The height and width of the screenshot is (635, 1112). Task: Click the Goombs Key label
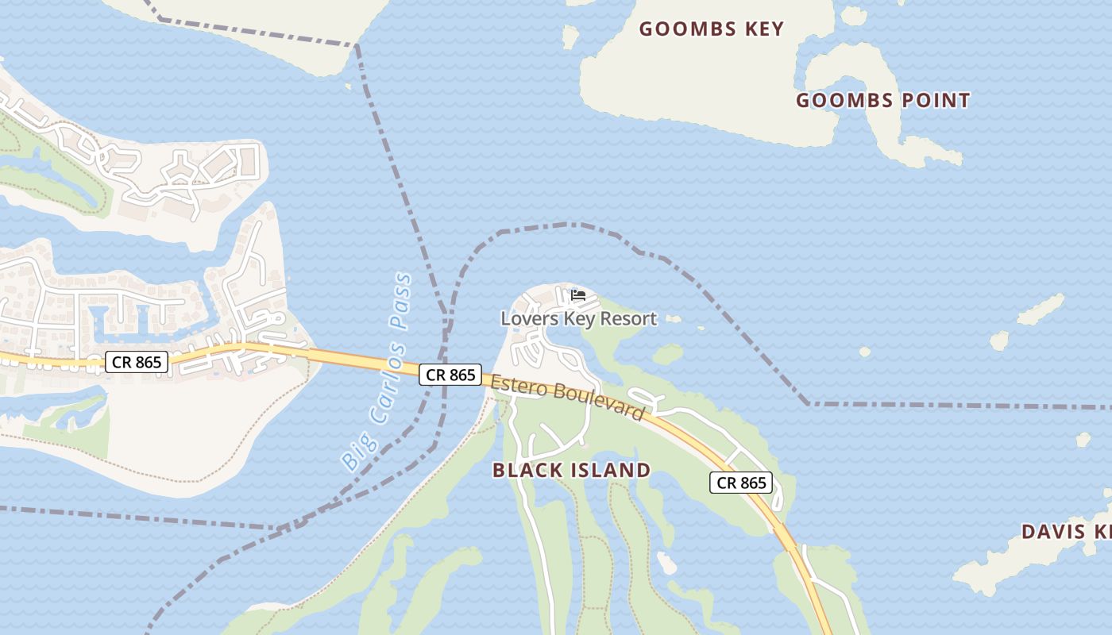click(x=711, y=29)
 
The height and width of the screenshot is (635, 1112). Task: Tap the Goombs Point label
click(x=882, y=101)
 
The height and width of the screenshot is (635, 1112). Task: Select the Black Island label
click(x=571, y=470)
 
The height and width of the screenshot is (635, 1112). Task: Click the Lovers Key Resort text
click(x=578, y=319)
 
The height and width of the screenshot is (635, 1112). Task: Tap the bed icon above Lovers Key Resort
click(x=578, y=295)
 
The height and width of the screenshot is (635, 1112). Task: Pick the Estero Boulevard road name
click(x=567, y=398)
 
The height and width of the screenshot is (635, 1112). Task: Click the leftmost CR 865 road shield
click(x=137, y=363)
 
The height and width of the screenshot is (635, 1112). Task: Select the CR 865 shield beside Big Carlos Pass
click(x=450, y=375)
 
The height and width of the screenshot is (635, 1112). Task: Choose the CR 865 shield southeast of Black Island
click(x=741, y=483)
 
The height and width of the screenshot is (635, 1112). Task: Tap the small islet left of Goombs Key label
click(x=570, y=36)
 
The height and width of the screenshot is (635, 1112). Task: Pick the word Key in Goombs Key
click(x=763, y=29)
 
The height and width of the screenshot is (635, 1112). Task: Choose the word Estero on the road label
click(x=515, y=386)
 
